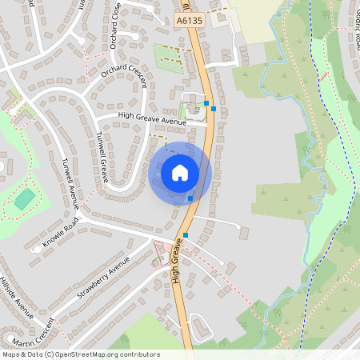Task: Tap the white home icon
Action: click(x=180, y=172)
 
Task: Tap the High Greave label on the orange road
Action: click(x=181, y=264)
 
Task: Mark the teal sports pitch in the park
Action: click(x=25, y=198)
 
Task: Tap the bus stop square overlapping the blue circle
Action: click(x=190, y=198)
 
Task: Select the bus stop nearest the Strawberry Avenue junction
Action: click(x=186, y=235)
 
